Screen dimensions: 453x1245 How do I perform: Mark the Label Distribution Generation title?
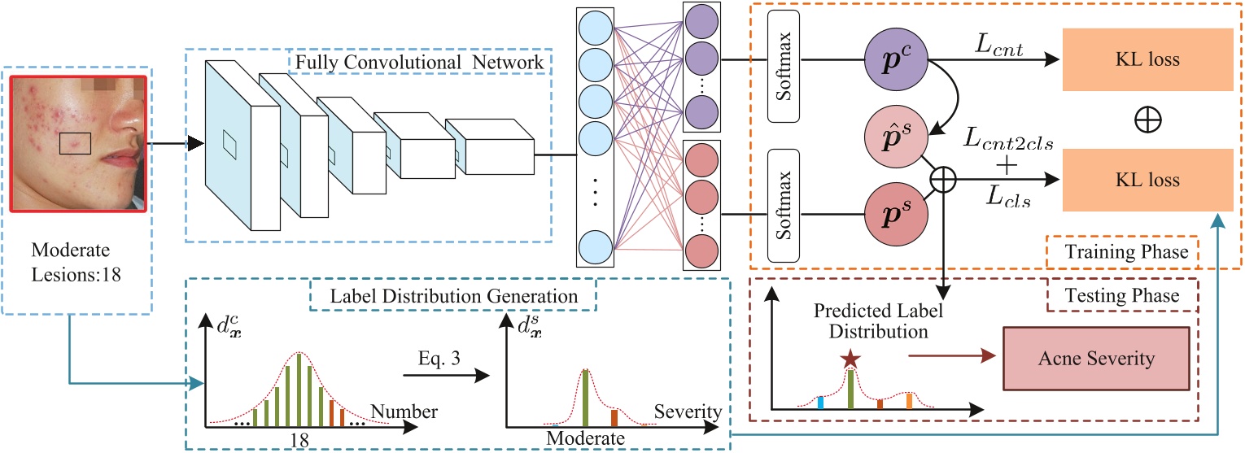[x=453, y=294]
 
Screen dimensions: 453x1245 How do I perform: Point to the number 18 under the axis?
[x=300, y=438]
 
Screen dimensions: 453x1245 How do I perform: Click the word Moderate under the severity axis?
[x=585, y=438]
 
